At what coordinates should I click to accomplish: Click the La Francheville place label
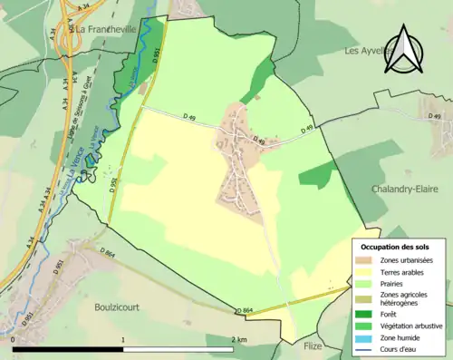point(106,28)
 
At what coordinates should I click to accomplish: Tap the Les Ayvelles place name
point(365,52)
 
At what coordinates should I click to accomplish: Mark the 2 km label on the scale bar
point(238,339)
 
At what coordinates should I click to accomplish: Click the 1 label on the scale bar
point(123,339)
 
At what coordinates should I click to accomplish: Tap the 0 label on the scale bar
point(14,339)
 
